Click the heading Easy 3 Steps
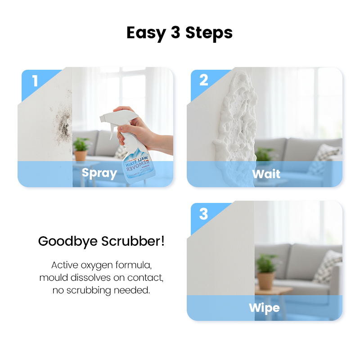coord(180,33)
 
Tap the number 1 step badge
coord(35,81)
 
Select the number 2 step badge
coord(204,80)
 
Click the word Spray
coord(99,173)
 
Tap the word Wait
coord(266,174)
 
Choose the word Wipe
coord(264,308)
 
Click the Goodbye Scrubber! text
coord(101,241)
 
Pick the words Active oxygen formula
coord(101,265)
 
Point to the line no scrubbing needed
coord(101,290)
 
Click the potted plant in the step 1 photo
coord(81,148)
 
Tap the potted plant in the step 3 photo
coord(266,270)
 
